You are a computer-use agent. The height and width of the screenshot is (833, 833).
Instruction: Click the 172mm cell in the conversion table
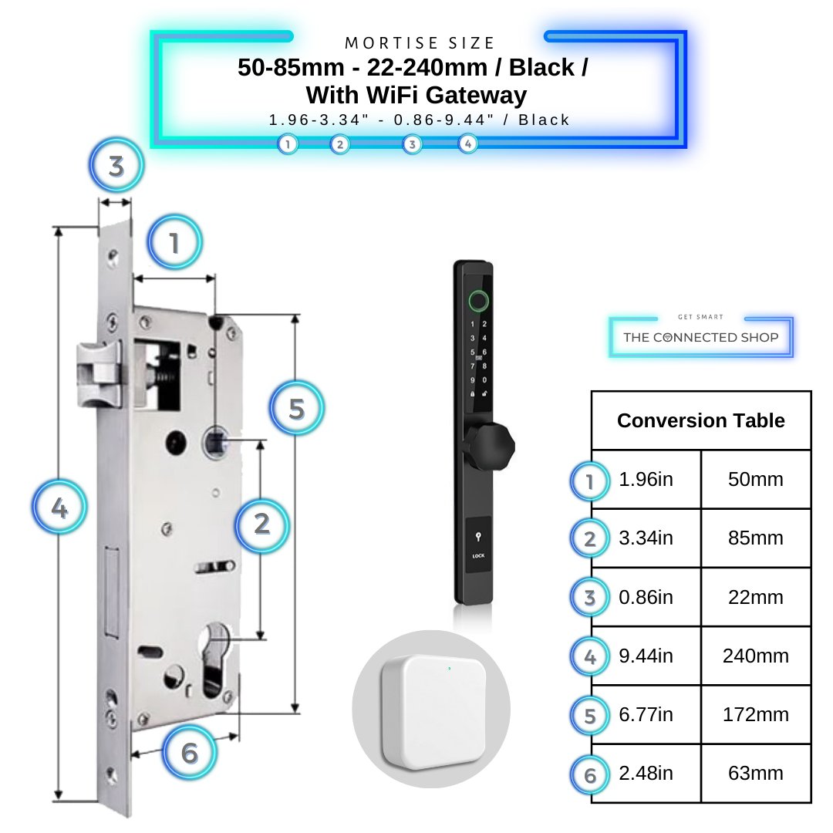[x=756, y=714]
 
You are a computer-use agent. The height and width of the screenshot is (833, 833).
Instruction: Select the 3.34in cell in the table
[x=646, y=538]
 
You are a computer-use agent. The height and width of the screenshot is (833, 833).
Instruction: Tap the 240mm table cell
[x=756, y=656]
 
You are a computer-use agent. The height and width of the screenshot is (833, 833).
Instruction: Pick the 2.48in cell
[x=646, y=774]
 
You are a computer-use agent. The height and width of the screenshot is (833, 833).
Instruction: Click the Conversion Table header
[x=700, y=420]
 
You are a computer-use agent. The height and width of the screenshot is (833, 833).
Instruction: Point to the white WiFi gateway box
[x=430, y=709]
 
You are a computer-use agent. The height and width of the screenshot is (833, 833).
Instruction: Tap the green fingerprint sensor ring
[x=478, y=299]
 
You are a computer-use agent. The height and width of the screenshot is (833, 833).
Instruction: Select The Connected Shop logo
[x=700, y=337]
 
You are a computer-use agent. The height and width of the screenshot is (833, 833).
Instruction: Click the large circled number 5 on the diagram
[x=297, y=408]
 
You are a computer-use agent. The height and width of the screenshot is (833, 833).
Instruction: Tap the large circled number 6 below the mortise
[x=189, y=752]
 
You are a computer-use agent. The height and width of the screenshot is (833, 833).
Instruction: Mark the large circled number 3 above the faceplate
[x=116, y=166]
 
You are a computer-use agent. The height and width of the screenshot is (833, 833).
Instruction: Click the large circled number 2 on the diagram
[x=261, y=524]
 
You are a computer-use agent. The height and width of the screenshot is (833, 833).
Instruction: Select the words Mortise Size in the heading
[x=420, y=43]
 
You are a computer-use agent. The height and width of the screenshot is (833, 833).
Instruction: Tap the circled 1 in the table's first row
[x=590, y=481]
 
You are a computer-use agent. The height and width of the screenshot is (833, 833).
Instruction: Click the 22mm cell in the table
[x=756, y=597]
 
